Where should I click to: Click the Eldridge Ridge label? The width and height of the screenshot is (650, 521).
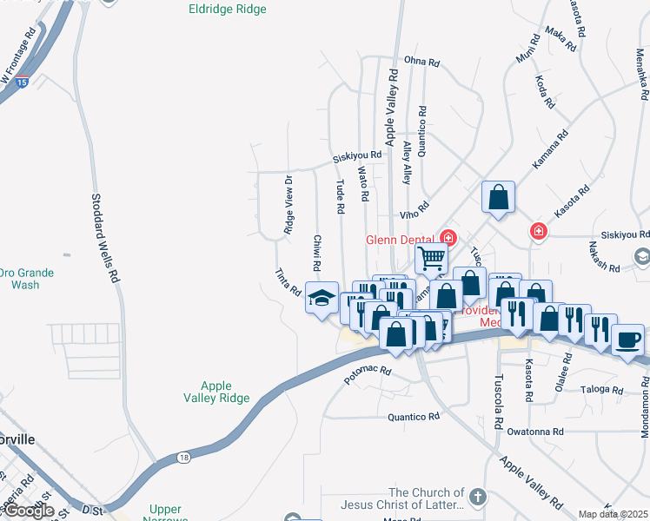[228, 10]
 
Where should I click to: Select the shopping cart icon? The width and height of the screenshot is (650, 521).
[431, 258]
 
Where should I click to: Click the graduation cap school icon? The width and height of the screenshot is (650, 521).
[321, 298]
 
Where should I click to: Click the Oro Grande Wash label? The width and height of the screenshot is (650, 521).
[27, 279]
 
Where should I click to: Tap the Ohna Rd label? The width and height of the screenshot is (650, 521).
[422, 62]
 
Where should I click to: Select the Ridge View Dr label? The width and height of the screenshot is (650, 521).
[289, 205]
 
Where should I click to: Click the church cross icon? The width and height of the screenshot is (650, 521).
[477, 497]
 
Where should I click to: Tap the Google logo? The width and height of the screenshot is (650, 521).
[28, 511]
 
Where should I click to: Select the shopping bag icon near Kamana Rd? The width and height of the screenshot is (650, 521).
[498, 197]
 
